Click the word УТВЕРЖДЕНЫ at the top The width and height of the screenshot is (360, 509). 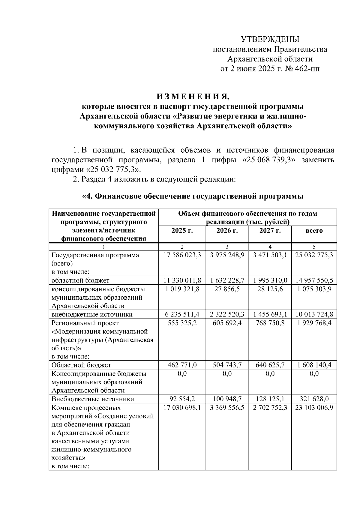pyautogui.click(x=270, y=39)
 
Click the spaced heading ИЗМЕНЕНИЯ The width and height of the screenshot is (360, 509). pyautogui.click(x=193, y=97)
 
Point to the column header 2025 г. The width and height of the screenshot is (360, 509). pyautogui.click(x=182, y=231)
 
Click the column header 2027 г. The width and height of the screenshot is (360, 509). pyautogui.click(x=270, y=231)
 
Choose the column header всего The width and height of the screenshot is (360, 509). pyautogui.click(x=314, y=231)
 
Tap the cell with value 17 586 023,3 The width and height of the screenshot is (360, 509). pyautogui.click(x=182, y=255)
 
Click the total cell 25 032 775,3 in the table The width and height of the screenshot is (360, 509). pyautogui.click(x=314, y=255)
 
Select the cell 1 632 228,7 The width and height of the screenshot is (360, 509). pyautogui.click(x=227, y=280)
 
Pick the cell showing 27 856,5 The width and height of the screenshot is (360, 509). pyautogui.click(x=227, y=289)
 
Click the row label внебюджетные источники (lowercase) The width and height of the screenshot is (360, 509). pyautogui.click(x=92, y=314)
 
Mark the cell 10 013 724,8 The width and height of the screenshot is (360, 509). pyautogui.click(x=314, y=314)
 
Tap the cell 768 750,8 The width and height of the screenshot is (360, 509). pyautogui.click(x=270, y=323)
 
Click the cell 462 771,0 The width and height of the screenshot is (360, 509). pyautogui.click(x=182, y=365)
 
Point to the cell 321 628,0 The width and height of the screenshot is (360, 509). pyautogui.click(x=314, y=399)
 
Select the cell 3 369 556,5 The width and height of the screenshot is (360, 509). pyautogui.click(x=227, y=408)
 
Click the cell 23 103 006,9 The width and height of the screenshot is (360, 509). pyautogui.click(x=314, y=408)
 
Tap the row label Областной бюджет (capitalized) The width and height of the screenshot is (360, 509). pyautogui.click(x=81, y=365)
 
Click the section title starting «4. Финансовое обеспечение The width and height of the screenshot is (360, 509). pyautogui.click(x=193, y=196)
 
